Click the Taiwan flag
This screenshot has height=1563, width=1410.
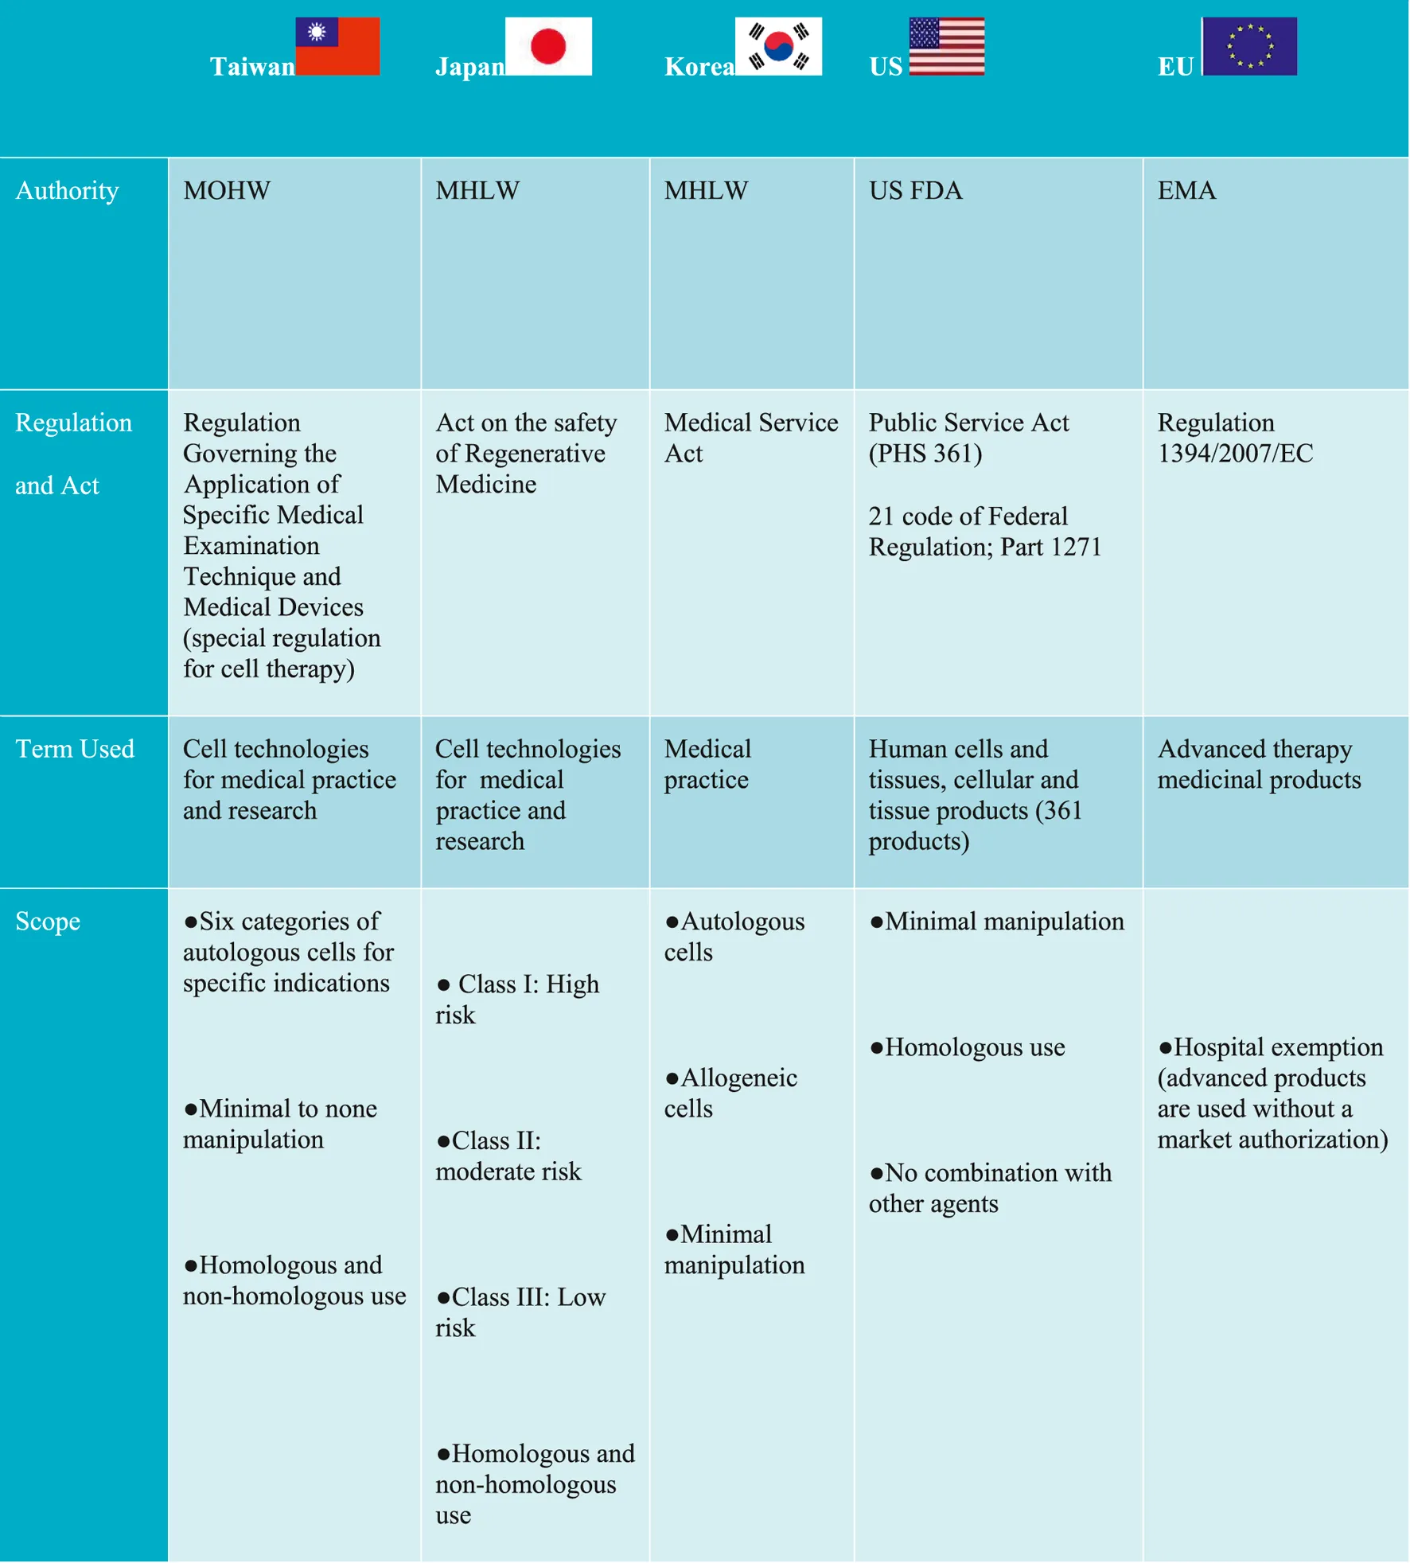pos(337,46)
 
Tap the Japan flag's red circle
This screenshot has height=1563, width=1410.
pos(548,45)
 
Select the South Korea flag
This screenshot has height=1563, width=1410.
pos(778,46)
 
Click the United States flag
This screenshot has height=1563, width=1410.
pos(947,46)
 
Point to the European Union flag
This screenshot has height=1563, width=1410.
pos(1249,46)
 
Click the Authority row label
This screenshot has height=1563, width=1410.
pos(67,191)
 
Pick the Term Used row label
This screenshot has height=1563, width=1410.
pos(75,749)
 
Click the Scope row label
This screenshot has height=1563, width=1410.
pos(48,922)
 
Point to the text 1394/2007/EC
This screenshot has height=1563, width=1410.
pos(1235,454)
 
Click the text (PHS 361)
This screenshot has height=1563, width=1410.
pos(925,454)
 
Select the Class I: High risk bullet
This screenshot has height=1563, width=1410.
pos(517,1000)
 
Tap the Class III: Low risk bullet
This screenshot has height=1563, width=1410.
pos(520,1312)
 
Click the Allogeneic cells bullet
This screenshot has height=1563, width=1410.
pos(730,1093)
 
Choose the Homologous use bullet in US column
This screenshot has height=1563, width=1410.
pos(968,1047)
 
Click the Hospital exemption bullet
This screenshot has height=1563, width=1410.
pos(1272,1093)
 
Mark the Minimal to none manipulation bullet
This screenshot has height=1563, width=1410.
pos(280,1125)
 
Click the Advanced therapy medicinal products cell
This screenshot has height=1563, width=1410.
pos(1259,765)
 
